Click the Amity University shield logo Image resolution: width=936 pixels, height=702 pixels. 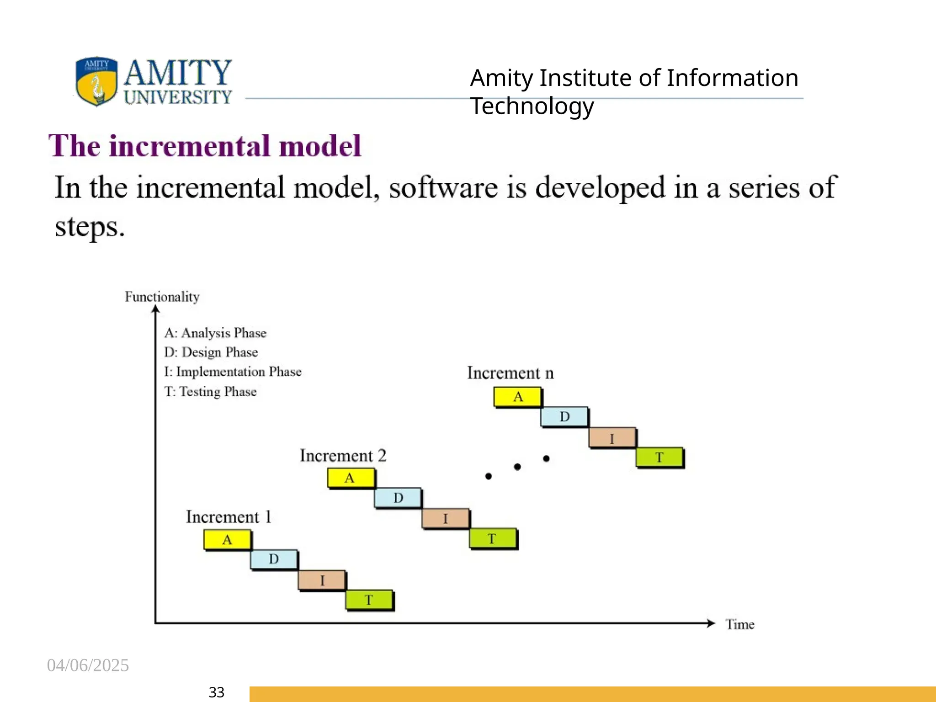coord(96,81)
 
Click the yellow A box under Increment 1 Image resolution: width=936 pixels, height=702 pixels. coord(227,540)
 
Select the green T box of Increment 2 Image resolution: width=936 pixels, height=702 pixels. coord(493,538)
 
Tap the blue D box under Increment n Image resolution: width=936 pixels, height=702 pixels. coord(564,417)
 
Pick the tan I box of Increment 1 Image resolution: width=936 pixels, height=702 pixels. coord(322,580)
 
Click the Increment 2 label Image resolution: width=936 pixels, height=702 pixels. coord(343,456)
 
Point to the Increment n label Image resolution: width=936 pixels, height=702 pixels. coord(510,373)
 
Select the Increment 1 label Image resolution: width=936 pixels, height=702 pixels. coord(229,517)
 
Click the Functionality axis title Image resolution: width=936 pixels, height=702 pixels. coord(162,297)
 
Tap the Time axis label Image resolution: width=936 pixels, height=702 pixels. coord(739,624)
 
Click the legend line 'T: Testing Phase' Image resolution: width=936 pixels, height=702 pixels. coord(210,392)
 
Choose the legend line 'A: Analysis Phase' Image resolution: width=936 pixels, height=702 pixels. coord(215,333)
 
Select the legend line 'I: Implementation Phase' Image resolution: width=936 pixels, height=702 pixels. coord(233,372)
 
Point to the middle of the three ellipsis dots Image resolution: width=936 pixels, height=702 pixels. coord(517,467)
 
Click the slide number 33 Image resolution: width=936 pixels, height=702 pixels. coord(216,692)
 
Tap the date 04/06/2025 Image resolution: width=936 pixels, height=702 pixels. coord(88,665)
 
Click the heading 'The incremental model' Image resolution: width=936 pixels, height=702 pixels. coord(205,146)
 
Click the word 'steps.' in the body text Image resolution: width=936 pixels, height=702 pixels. coord(90,227)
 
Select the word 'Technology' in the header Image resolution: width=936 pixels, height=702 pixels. coord(532,106)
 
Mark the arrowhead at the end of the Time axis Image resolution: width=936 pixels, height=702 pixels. coord(711,623)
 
